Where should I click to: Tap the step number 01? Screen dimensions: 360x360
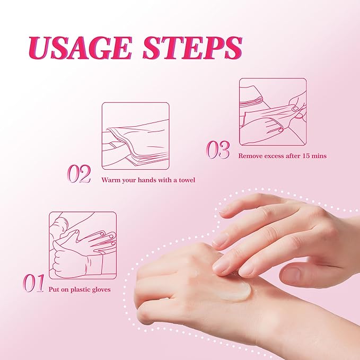coord(33,284)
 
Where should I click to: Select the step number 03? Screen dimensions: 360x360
coord(218,150)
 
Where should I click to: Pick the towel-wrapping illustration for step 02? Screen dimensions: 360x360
coord(135,136)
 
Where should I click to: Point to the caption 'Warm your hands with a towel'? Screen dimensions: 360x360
coord(148,180)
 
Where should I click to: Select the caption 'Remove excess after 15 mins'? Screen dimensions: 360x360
coord(282,156)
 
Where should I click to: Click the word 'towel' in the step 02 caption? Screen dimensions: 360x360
coord(186,180)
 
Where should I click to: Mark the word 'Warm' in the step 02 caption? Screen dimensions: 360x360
coord(110,180)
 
